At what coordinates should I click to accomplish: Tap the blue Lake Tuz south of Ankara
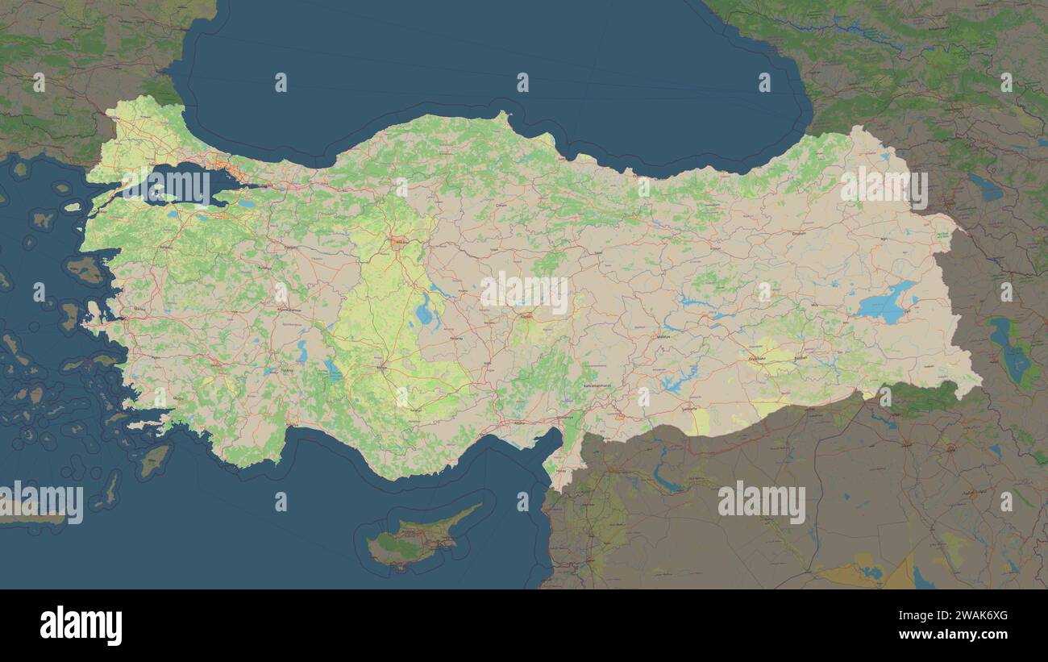(423, 310)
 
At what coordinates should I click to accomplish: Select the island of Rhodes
(154, 460)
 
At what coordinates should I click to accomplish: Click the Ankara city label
(400, 240)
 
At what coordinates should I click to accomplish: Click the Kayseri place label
(526, 317)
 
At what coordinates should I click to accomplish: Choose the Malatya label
(663, 335)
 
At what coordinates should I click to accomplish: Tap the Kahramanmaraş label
(597, 385)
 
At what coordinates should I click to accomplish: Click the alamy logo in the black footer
(81, 626)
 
